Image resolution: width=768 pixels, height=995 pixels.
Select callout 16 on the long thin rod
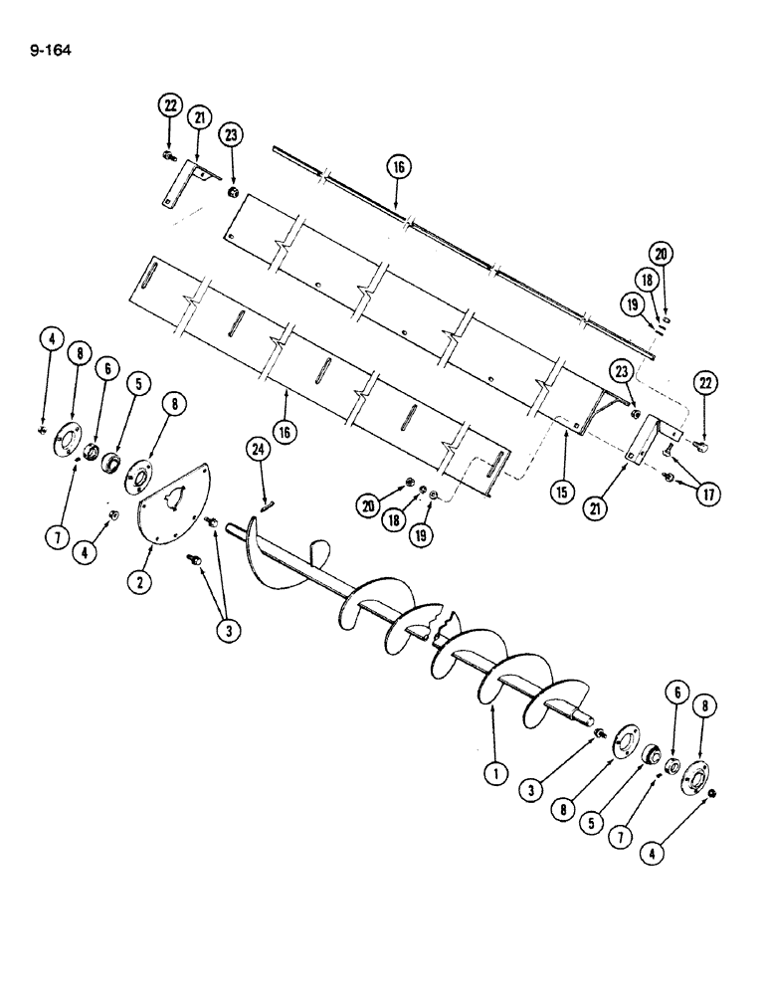pos(398,167)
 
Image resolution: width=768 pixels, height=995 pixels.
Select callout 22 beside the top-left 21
pos(169,104)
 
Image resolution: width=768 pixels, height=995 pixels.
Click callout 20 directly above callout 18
pos(662,252)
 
